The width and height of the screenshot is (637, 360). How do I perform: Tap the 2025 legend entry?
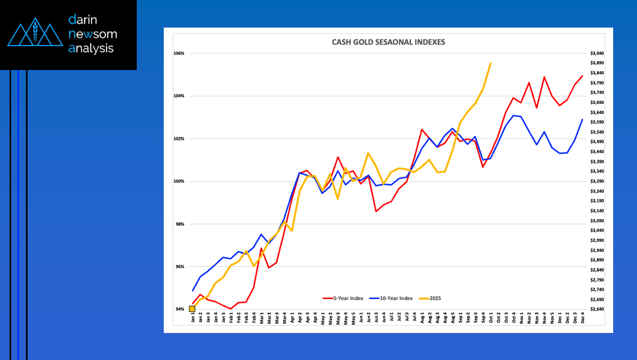pyautogui.click(x=433, y=298)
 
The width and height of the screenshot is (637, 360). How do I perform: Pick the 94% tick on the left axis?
pyautogui.click(x=179, y=309)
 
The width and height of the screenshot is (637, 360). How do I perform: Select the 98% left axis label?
pyautogui.click(x=179, y=224)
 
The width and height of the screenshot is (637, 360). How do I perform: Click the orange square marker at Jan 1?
pyautogui.click(x=192, y=309)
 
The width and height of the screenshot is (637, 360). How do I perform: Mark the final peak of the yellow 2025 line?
pyautogui.click(x=491, y=63)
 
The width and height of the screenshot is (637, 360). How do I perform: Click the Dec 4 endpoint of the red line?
pyautogui.click(x=582, y=76)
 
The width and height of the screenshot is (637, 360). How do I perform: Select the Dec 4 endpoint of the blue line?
pyautogui.click(x=582, y=119)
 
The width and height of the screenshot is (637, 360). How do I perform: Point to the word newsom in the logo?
pyautogui.click(x=93, y=34)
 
